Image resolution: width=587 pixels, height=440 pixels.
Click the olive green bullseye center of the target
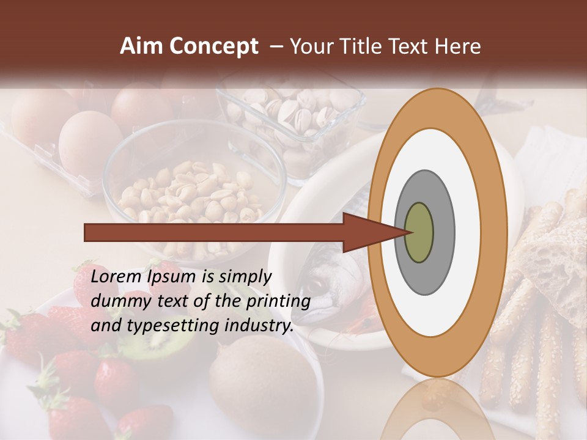(419, 232)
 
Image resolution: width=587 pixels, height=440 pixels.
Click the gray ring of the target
(443, 232)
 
